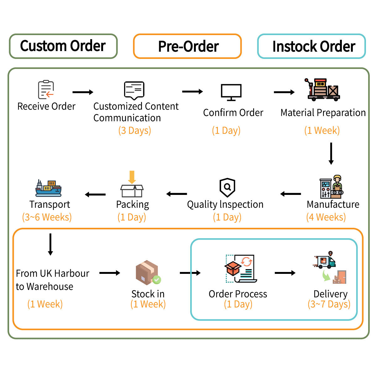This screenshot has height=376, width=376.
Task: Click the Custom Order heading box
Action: coord(63,46)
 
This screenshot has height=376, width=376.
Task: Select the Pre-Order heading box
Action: coord(187,46)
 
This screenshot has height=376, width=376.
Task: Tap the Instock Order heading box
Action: coord(311,46)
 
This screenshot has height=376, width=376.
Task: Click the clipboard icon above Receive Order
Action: coord(46,90)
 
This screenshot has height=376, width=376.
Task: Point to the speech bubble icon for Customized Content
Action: coord(134,91)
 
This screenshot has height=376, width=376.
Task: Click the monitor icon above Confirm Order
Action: coord(231,92)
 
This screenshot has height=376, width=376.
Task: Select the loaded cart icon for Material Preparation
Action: coord(322,90)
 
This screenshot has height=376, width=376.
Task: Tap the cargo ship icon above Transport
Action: coord(48,188)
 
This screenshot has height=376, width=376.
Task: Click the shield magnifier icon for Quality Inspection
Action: coord(227,187)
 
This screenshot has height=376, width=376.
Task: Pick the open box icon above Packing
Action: coord(132,184)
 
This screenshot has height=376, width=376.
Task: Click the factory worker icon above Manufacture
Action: coord(332,187)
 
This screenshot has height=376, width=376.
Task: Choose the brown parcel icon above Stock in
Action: coord(148,273)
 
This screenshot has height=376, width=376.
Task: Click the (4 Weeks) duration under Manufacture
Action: coord(326,217)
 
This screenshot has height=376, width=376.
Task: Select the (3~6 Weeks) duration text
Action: coord(47,217)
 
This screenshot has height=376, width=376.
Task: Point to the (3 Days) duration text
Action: coord(135,130)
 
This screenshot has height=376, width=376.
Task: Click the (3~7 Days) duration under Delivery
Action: coord(329,304)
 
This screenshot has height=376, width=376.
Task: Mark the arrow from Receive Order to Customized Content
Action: coord(83,92)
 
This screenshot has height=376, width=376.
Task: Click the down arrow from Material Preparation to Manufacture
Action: coord(331,154)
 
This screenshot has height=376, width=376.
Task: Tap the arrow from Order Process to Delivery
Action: coord(285,273)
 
